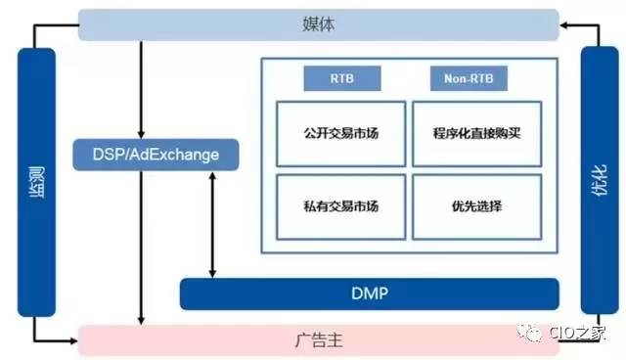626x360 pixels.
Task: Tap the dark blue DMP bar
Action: pyautogui.click(x=370, y=292)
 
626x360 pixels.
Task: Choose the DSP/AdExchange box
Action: pyautogui.click(x=156, y=154)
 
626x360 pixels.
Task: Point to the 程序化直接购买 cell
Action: pyautogui.click(x=475, y=131)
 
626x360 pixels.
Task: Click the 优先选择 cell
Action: pyautogui.click(x=475, y=205)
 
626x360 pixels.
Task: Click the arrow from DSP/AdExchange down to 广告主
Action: pyautogui.click(x=143, y=245)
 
